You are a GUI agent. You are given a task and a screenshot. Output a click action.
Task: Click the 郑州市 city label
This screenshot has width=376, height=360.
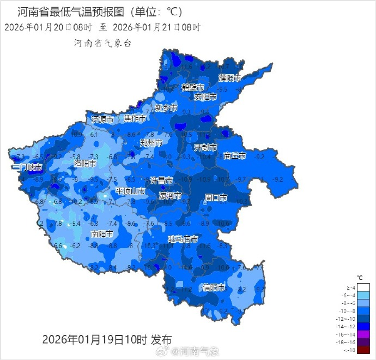pyautogui.click(x=151, y=143)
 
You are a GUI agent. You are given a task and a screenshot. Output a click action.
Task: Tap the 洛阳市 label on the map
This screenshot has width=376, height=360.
pyautogui.click(x=85, y=163)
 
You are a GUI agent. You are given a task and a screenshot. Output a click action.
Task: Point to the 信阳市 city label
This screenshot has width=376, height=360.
pyautogui.click(x=214, y=287)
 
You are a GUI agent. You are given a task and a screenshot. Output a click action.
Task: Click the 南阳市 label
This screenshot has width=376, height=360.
pyautogui.click(x=102, y=233)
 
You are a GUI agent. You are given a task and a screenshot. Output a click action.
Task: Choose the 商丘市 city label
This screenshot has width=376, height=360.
pyautogui.click(x=235, y=156)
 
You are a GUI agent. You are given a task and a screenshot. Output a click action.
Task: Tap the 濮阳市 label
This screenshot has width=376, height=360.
pyautogui.click(x=230, y=77)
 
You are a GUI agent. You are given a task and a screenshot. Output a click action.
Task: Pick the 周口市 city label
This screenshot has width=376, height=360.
pyautogui.click(x=216, y=197)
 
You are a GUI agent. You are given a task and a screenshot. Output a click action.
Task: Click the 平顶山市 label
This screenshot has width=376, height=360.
pyautogui.click(x=130, y=191)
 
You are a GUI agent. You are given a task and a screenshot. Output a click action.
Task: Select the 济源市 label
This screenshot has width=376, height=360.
pyautogui.click(x=103, y=119)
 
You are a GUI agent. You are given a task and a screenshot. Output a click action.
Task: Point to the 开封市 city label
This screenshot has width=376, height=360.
pyautogui.click(x=205, y=148)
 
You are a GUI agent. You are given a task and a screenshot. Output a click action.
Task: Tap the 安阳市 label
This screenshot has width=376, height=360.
pyautogui.click(x=205, y=97)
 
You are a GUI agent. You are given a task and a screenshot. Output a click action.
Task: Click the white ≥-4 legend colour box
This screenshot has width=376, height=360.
pyautogui.click(x=364, y=287)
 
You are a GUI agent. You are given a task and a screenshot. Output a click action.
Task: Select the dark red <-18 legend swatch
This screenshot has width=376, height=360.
pyautogui.click(x=364, y=350)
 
